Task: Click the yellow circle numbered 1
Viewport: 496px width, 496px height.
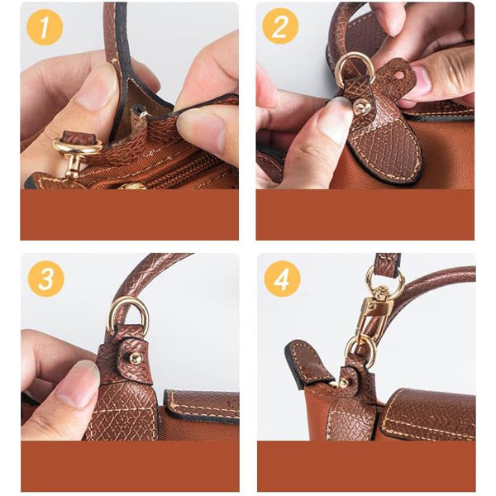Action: click(45, 27)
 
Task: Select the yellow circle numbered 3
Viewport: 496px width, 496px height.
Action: click(46, 279)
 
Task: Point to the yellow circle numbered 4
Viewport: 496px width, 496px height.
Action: click(282, 279)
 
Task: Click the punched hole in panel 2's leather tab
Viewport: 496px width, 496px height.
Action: click(402, 75)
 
